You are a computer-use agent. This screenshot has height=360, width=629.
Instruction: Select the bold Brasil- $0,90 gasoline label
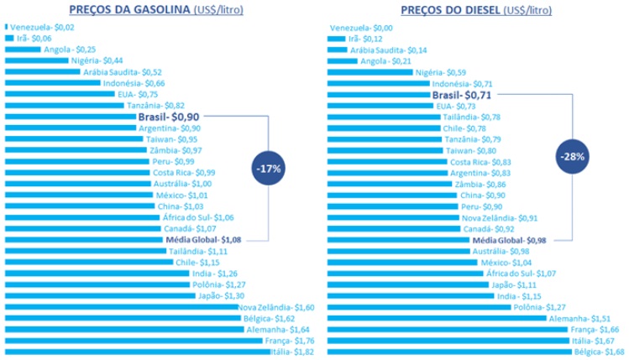[168, 117]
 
